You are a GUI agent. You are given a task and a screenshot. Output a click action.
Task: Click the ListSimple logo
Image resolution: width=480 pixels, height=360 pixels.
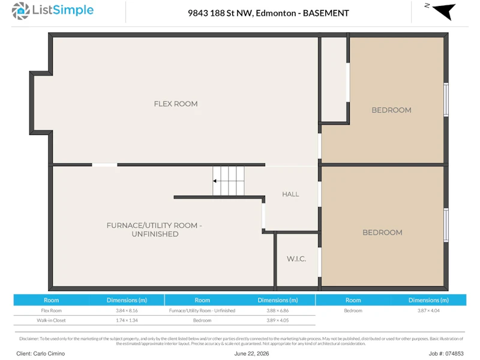pyautogui.click(x=53, y=10)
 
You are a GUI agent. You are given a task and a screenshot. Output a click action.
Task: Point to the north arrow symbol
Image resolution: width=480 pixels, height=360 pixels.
pyautogui.click(x=444, y=11)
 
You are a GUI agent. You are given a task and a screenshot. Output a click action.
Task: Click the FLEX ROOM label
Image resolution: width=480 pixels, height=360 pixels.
pyautogui.click(x=176, y=104)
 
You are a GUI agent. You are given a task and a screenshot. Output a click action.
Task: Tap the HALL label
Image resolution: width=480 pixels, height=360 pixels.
pyautogui.click(x=290, y=194)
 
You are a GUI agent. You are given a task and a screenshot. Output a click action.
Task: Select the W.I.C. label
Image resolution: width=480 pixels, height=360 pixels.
pyautogui.click(x=296, y=259)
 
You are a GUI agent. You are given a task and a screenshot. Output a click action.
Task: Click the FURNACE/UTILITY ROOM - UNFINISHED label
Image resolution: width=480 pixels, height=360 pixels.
pyautogui.click(x=154, y=230)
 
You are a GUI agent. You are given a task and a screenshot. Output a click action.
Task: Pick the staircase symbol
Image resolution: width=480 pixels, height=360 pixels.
pyautogui.click(x=229, y=181)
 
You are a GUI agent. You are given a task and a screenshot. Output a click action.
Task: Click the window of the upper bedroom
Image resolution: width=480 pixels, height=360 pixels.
pyautogui.click(x=446, y=100)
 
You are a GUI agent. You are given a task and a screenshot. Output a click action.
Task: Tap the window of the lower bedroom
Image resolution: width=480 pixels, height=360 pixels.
pyautogui.click(x=446, y=226)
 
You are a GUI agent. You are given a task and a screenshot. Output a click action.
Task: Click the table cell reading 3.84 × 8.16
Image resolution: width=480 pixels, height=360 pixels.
pyautogui.click(x=127, y=310)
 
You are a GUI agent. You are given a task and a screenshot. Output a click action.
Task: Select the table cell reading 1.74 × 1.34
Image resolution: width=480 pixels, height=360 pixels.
pyautogui.click(x=127, y=320)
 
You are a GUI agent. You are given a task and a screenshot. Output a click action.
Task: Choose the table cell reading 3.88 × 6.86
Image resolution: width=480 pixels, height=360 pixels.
pyautogui.click(x=278, y=310)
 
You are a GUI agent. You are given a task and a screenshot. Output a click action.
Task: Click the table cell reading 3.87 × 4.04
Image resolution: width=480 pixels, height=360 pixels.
pyautogui.click(x=428, y=310)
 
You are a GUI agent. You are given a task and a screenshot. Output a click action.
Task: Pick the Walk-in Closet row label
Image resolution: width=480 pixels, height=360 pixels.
pyautogui.click(x=51, y=320)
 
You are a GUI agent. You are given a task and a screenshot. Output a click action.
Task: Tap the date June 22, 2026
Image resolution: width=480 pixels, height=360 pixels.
pyautogui.click(x=251, y=353)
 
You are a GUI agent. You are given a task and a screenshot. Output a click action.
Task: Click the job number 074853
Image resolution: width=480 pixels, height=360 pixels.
pyautogui.click(x=454, y=353)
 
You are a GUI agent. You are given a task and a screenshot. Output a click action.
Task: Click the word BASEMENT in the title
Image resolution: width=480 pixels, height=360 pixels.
pyautogui.click(x=326, y=13)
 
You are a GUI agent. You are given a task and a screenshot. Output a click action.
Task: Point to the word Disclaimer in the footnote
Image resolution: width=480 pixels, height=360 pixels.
pyautogui.click(x=29, y=338)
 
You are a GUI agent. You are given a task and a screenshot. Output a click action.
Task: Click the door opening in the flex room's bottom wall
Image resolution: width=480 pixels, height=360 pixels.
pyautogui.click(x=104, y=165)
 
